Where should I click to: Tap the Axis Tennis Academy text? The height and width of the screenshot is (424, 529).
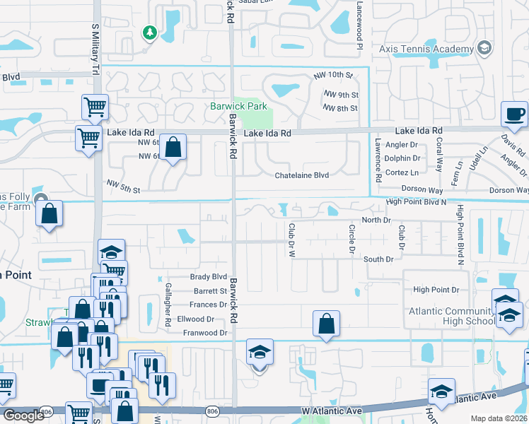[425, 49]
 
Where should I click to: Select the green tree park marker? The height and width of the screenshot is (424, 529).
[149, 33]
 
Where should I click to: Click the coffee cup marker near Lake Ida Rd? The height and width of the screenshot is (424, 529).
[514, 114]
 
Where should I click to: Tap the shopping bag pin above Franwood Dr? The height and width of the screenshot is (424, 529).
[326, 324]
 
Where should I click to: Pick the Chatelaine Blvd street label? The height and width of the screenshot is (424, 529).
[302, 175]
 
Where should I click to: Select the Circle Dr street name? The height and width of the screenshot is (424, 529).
[351, 240]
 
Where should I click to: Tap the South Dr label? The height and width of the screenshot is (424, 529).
[378, 259]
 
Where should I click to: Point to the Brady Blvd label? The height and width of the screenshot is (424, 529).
[209, 277]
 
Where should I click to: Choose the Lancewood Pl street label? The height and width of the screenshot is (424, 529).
[359, 24]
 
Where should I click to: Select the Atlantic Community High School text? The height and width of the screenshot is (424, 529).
[450, 317]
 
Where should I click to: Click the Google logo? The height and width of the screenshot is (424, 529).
[23, 416]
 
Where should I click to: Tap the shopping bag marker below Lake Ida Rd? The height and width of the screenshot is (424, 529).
[173, 148]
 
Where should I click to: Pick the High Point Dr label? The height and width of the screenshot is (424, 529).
[436, 290]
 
